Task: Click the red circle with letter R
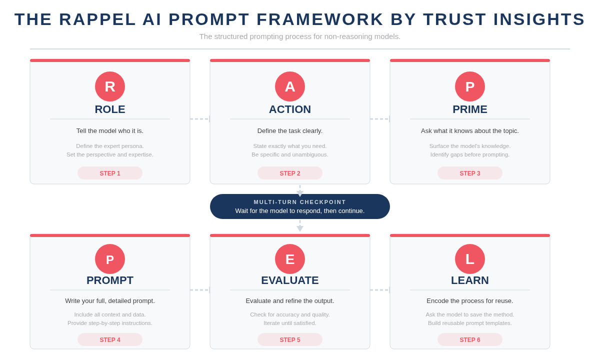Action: click(x=110, y=86)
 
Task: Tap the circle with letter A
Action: click(x=290, y=86)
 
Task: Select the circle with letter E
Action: click(x=290, y=259)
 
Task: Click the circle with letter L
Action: click(x=470, y=259)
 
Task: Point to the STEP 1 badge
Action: click(x=110, y=173)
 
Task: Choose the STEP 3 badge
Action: click(x=470, y=173)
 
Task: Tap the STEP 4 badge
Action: click(x=110, y=339)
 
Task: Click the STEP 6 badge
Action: click(x=470, y=339)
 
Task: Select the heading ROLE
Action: click(x=110, y=109)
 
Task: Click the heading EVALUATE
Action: click(x=290, y=280)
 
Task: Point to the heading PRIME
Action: click(x=470, y=109)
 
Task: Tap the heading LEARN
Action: click(x=470, y=280)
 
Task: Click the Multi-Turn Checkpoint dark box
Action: click(x=300, y=206)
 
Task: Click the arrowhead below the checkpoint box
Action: click(x=300, y=228)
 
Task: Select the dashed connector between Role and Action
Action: click(x=200, y=119)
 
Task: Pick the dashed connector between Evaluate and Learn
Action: click(x=380, y=290)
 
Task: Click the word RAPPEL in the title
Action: click(x=97, y=19)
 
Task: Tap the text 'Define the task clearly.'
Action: click(x=290, y=131)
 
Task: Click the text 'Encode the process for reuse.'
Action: click(x=470, y=301)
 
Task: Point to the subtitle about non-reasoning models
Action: click(x=300, y=36)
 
